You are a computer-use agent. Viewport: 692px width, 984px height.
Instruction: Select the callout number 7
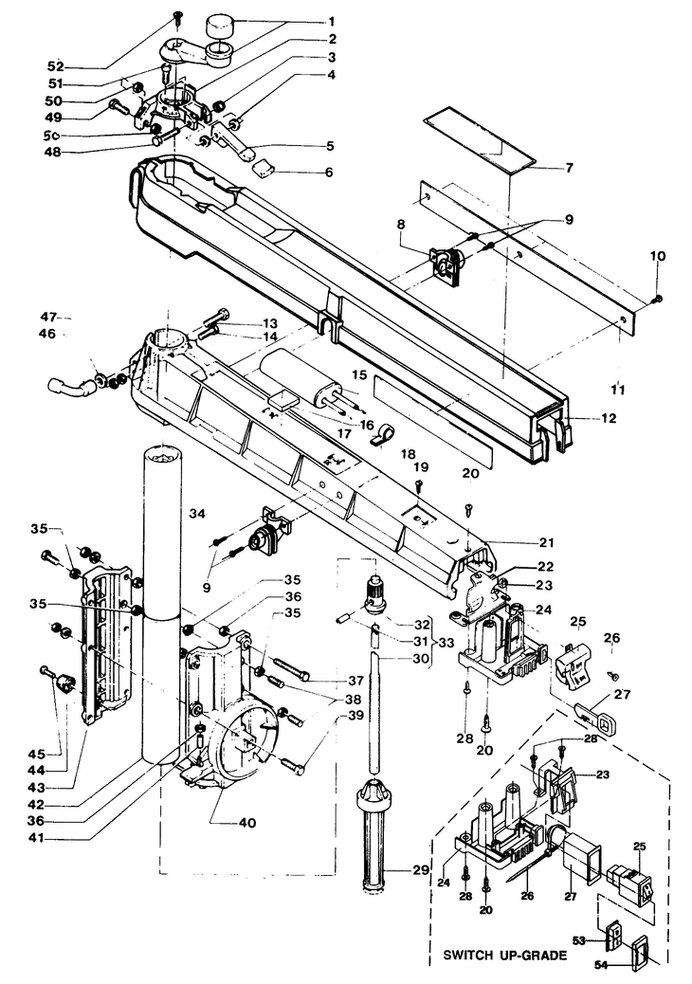(x=569, y=168)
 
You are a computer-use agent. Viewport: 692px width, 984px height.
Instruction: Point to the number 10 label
(x=658, y=256)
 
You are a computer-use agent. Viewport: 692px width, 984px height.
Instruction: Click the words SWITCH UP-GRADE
(x=505, y=956)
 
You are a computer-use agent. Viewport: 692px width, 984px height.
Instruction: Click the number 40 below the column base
(x=247, y=822)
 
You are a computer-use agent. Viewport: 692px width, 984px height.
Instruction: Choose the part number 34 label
(x=197, y=514)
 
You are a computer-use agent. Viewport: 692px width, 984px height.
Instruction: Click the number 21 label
(x=546, y=542)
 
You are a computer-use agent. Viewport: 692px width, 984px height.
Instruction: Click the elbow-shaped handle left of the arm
(x=69, y=389)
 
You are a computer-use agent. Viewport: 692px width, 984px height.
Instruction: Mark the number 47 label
(x=49, y=317)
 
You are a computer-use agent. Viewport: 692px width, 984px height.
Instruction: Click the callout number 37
(x=356, y=682)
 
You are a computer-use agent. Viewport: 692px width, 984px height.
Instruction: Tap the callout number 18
(x=408, y=454)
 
